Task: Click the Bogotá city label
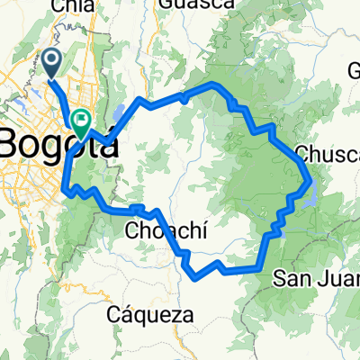click(x=59, y=143)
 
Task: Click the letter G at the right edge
click(x=353, y=72)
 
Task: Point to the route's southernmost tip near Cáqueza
click(x=195, y=278)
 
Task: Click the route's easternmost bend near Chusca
click(x=310, y=179)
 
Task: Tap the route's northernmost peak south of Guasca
click(x=213, y=84)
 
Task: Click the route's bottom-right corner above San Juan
click(x=261, y=267)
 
